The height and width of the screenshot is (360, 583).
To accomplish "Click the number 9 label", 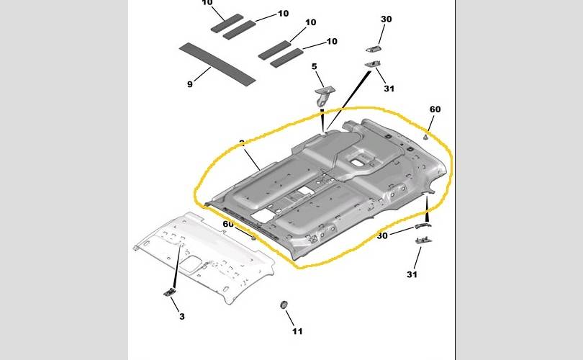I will (190, 84).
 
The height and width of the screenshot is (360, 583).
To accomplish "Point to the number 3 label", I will (182, 317).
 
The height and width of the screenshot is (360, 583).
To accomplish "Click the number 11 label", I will (297, 331).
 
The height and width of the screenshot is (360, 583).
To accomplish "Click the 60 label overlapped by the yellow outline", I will (228, 225).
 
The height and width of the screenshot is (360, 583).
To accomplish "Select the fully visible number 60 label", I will (435, 109).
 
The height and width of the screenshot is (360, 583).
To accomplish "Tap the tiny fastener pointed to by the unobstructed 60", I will (426, 135).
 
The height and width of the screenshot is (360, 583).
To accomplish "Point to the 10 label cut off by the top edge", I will (207, 3).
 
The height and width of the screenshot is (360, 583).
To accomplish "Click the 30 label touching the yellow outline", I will (382, 235).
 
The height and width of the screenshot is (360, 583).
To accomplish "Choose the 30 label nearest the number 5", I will (387, 19).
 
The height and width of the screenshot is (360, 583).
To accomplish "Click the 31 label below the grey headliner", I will (412, 274).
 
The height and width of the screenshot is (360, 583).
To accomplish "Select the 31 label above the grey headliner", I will (389, 89).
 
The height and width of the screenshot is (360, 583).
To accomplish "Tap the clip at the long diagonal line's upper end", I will (374, 65).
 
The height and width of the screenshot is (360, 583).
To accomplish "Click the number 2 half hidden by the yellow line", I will (243, 143).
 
